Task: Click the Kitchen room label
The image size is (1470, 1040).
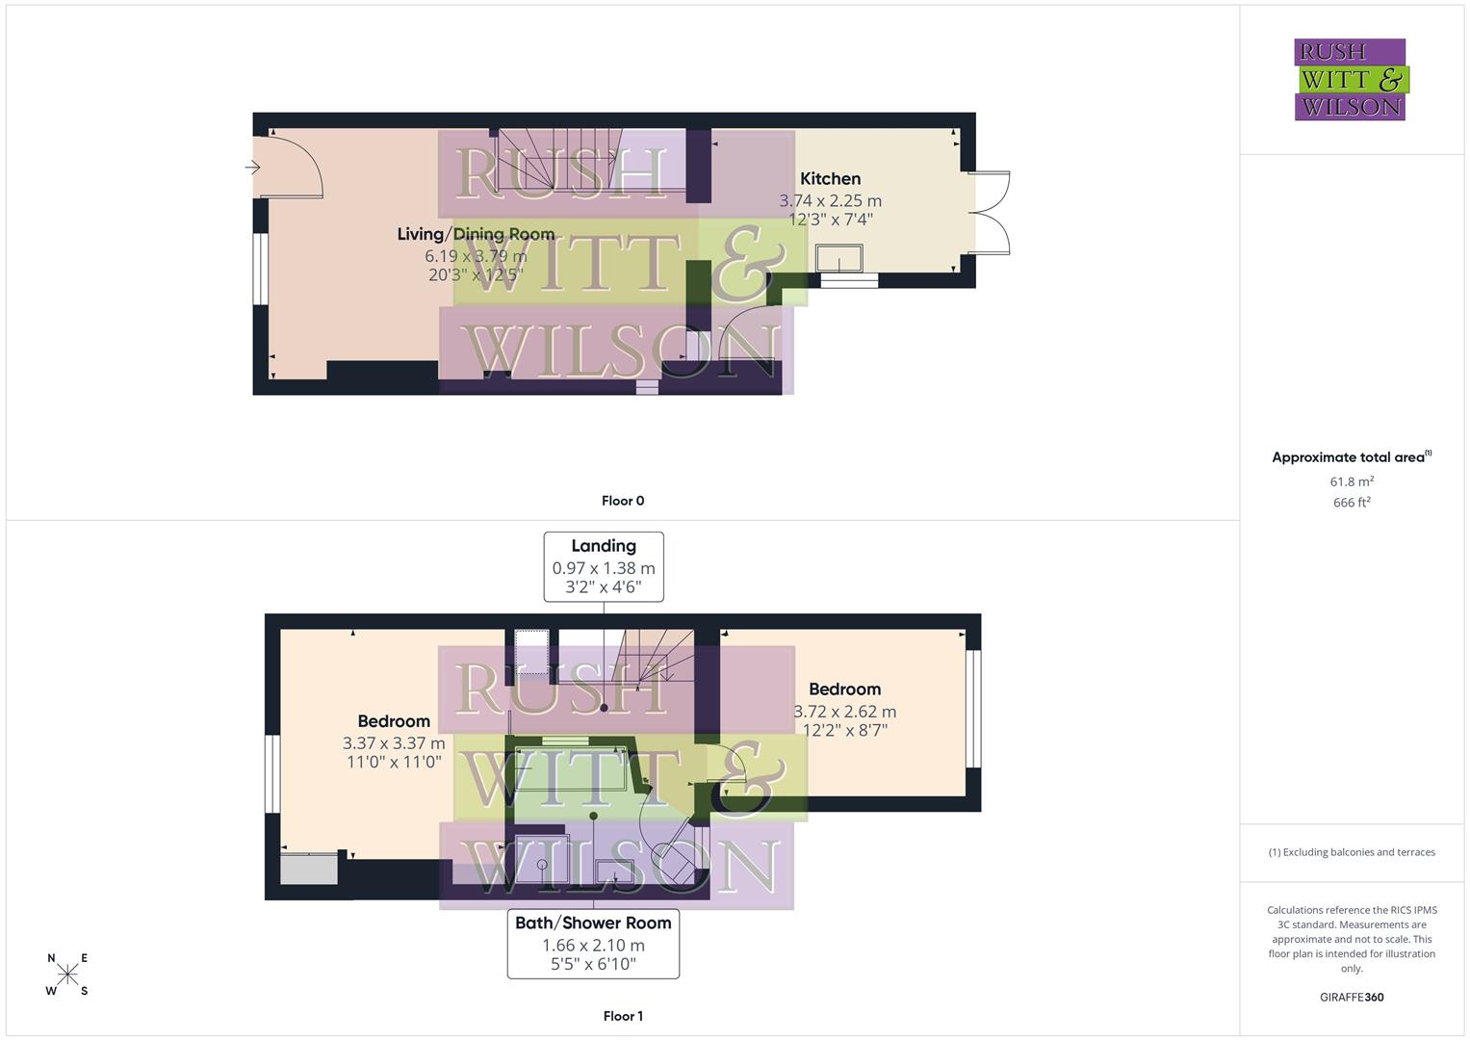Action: point(830,179)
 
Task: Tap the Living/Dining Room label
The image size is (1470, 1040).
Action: point(476,234)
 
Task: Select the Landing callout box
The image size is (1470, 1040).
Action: point(604,566)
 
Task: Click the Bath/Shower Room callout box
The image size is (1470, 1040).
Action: point(593,944)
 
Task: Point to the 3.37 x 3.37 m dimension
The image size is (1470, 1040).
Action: point(394,743)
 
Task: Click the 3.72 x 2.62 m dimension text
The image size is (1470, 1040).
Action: point(844,712)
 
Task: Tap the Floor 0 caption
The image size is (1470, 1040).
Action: point(623,501)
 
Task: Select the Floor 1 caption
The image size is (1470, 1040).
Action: point(623,1016)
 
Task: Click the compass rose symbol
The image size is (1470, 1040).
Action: point(67,975)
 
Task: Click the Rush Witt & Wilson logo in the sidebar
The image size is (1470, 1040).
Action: point(1350,80)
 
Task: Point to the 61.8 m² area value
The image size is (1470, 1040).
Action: point(1352,481)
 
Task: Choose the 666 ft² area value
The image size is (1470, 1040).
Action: point(1352,503)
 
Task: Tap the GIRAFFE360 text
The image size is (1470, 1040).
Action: point(1352,998)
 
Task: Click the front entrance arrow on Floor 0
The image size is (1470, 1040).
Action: point(253,169)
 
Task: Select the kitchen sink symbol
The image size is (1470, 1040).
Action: point(838,258)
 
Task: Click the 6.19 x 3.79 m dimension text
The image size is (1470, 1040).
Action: point(476,256)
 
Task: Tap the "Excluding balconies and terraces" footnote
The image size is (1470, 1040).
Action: point(1352,852)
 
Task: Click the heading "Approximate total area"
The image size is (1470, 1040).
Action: point(1348,457)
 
